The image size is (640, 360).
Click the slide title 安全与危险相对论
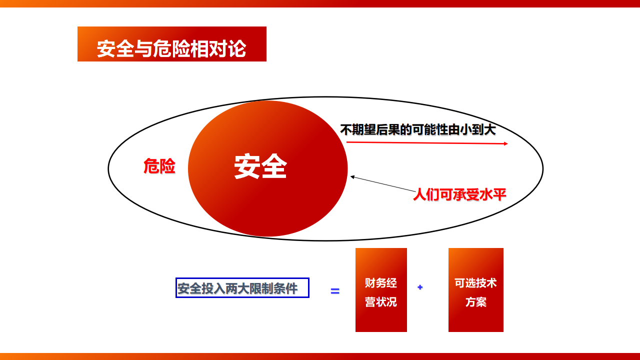pyautogui.click(x=171, y=48)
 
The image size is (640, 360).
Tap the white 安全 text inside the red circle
pyautogui.click(x=260, y=166)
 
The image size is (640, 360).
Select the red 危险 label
pyautogui.click(x=159, y=166)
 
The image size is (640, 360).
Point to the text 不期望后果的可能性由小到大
pyautogui.click(x=418, y=129)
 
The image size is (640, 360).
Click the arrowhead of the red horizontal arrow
pyautogui.click(x=506, y=143)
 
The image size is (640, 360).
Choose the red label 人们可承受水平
pyautogui.click(x=459, y=195)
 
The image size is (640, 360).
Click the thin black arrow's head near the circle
pyautogui.click(x=352, y=177)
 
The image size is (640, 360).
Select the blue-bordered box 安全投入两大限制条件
pyautogui.click(x=242, y=287)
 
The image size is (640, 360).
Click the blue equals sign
pyautogui.click(x=335, y=291)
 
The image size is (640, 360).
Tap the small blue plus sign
pyautogui.click(x=420, y=287)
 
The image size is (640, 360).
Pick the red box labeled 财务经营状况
pyautogui.click(x=381, y=289)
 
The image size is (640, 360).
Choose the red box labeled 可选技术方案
pyautogui.click(x=475, y=289)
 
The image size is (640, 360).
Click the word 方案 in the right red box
pyautogui.click(x=475, y=302)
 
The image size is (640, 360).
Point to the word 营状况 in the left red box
pyautogui.click(x=381, y=302)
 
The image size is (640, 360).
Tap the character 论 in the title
pyautogui.click(x=237, y=48)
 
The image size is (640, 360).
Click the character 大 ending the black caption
pyautogui.click(x=490, y=129)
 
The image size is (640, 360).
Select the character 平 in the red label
pyautogui.click(x=500, y=194)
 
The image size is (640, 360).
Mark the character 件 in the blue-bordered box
pyautogui.click(x=291, y=288)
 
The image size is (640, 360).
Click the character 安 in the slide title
pyautogui.click(x=106, y=48)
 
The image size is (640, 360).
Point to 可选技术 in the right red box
pyautogui.click(x=475, y=283)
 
